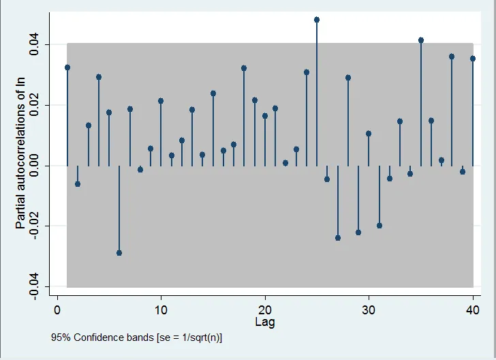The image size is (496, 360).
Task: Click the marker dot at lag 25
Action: [317, 20]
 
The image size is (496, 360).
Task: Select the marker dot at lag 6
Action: [119, 253]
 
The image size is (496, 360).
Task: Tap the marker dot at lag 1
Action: [67, 67]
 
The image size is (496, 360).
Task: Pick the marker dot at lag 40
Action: [473, 59]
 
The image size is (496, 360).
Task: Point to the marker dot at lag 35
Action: [421, 40]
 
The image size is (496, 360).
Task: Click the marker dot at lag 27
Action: [338, 238]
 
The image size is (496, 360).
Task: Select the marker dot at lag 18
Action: [244, 68]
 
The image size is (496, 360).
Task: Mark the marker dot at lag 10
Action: [161, 101]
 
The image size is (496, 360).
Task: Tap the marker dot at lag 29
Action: [358, 232]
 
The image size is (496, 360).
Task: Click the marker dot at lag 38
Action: [452, 57]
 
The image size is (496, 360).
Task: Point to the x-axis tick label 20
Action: [264, 311]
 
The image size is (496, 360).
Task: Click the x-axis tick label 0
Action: [57, 311]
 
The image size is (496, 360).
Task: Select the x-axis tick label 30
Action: [369, 311]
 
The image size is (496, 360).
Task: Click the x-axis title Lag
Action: [265, 322]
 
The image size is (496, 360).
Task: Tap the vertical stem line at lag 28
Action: [348, 123]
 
